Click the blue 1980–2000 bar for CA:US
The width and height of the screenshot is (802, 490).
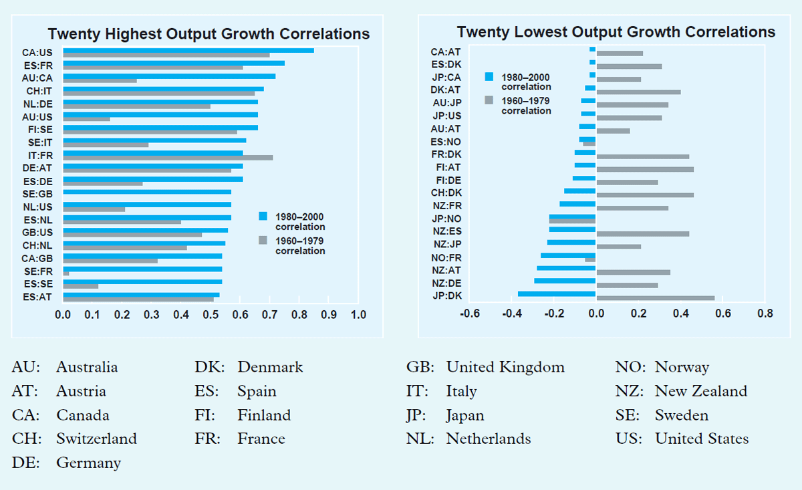point(188,50)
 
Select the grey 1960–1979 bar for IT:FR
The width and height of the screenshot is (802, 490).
point(168,158)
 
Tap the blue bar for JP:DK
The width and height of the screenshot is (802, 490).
point(557,293)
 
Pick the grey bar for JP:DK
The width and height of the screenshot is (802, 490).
point(655,298)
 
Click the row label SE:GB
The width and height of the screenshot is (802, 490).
point(38,194)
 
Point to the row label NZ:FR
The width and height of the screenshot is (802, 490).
point(446,205)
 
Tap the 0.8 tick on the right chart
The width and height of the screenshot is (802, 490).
point(765,313)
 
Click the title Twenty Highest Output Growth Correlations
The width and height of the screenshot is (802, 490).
point(209,34)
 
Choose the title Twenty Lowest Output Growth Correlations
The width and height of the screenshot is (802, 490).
point(616,32)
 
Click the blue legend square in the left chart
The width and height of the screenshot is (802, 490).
point(263,216)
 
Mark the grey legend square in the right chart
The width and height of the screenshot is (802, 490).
point(489,100)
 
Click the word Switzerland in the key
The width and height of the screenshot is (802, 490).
point(96,439)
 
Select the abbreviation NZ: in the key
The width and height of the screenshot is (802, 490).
point(629,391)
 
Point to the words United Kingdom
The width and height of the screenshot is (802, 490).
point(505,367)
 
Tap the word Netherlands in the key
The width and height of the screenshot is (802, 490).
point(489,439)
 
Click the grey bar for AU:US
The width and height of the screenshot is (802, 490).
point(86,119)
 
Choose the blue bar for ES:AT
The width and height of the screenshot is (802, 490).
point(141,294)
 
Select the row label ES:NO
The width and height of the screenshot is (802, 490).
point(446,142)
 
